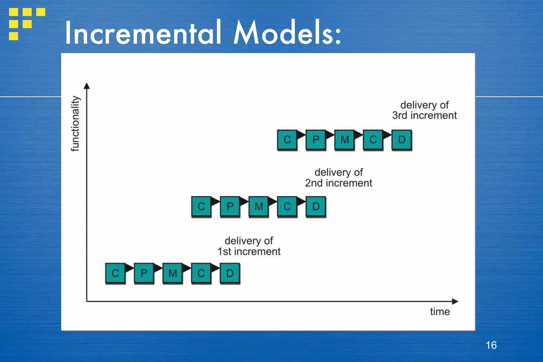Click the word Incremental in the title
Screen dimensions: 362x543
click(143, 33)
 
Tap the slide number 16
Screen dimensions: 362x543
click(491, 345)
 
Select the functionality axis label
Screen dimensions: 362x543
click(75, 124)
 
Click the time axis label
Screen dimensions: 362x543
click(440, 311)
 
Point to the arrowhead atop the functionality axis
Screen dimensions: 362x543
click(87, 86)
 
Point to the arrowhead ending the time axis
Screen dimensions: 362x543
click(455, 301)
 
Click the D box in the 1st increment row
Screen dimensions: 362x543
click(230, 273)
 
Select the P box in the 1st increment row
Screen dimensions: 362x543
click(144, 273)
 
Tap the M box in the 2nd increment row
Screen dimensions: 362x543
click(259, 206)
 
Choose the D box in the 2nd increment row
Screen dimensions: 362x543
click(316, 206)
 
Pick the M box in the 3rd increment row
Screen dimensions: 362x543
click(344, 139)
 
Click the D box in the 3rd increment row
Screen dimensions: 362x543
click(401, 139)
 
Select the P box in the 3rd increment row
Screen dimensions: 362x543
click(316, 139)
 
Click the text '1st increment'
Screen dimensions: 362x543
click(249, 251)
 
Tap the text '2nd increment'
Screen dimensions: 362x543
click(338, 183)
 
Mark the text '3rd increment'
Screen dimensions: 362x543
click(424, 115)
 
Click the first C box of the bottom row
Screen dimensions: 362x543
click(115, 273)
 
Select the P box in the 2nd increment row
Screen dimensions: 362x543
click(230, 206)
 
